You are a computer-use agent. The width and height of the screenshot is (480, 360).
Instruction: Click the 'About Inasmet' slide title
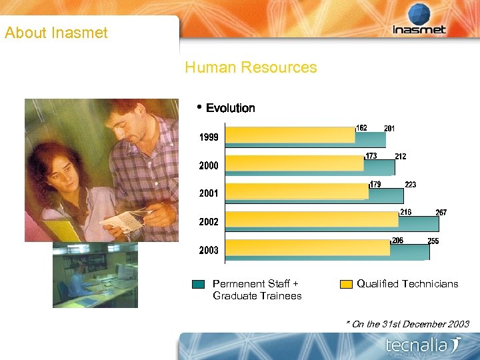coord(56,33)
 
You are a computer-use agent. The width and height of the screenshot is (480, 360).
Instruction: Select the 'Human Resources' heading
coord(251,67)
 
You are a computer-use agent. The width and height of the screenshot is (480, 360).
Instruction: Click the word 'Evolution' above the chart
coord(230,108)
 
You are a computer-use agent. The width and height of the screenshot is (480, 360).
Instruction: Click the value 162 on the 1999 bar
coord(361,128)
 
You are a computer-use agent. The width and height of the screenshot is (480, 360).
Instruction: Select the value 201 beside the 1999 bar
coord(390,128)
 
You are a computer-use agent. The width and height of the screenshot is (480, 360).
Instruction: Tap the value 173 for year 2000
coord(371,156)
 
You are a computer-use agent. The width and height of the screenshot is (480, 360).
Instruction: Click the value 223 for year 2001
coord(411,185)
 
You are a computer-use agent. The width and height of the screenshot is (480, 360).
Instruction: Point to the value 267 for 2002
coord(441,213)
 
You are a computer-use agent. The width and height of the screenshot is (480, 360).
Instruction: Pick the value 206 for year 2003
coord(398,241)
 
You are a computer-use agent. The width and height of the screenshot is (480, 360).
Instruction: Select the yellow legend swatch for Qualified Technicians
coord(346,284)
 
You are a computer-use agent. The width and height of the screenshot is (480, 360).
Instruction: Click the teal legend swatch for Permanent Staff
coord(198,284)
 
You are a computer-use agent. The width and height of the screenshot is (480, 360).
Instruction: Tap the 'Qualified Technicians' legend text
coord(407,284)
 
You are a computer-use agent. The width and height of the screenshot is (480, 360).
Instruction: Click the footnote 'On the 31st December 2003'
coord(409,324)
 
